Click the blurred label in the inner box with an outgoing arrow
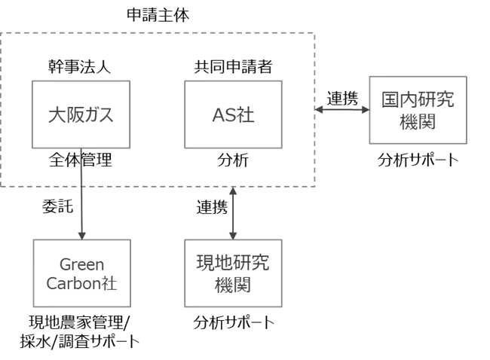coord(81,115)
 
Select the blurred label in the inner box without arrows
coord(233,116)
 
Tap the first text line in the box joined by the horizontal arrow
coord(418,99)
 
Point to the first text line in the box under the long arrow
coord(81,264)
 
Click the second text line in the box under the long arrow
coord(81,285)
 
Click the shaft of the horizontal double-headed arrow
coord(343,109)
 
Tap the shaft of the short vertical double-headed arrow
coord(232,213)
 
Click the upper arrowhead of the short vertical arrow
coord(232,193)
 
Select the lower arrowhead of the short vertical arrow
coord(232,233)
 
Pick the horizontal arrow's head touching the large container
coord(320,109)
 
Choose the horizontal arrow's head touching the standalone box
coord(366,109)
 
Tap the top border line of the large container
coord(158,33)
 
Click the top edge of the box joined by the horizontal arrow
coord(419,75)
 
